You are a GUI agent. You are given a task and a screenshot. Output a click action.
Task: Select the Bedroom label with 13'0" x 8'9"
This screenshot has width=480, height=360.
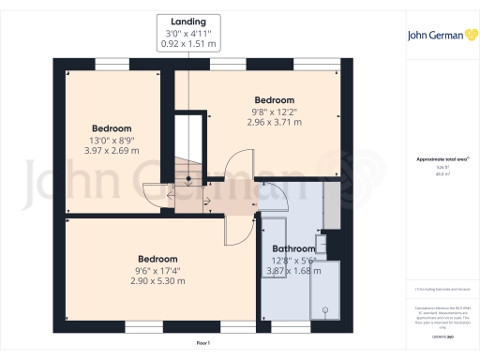click(112, 128)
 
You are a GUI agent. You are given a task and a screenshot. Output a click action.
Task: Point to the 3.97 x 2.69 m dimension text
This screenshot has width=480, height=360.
click(112, 150)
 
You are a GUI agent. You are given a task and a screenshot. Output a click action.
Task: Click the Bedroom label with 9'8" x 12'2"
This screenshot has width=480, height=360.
click(275, 100)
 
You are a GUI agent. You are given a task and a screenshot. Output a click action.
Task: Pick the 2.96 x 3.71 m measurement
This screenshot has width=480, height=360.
click(275, 122)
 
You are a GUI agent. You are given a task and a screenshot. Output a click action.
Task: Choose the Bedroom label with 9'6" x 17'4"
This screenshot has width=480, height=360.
click(157, 259)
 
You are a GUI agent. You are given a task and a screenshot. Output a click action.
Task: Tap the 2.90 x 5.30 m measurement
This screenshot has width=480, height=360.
click(157, 280)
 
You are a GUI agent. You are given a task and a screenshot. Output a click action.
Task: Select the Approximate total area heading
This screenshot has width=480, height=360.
click(440, 159)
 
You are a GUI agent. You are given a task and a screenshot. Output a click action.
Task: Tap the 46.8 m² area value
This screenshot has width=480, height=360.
click(440, 174)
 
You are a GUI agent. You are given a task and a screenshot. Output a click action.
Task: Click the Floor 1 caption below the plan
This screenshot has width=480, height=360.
click(203, 344)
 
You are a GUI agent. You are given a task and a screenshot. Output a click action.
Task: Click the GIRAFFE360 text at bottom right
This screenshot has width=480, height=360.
click(440, 335)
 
